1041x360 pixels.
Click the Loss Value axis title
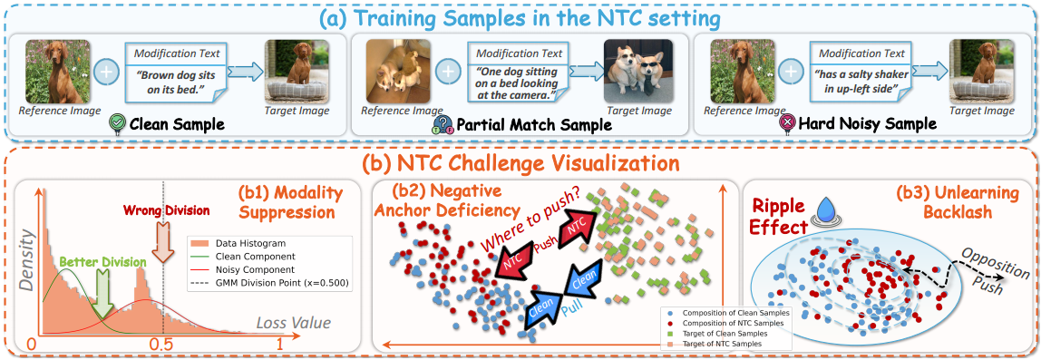(x=294, y=324)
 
